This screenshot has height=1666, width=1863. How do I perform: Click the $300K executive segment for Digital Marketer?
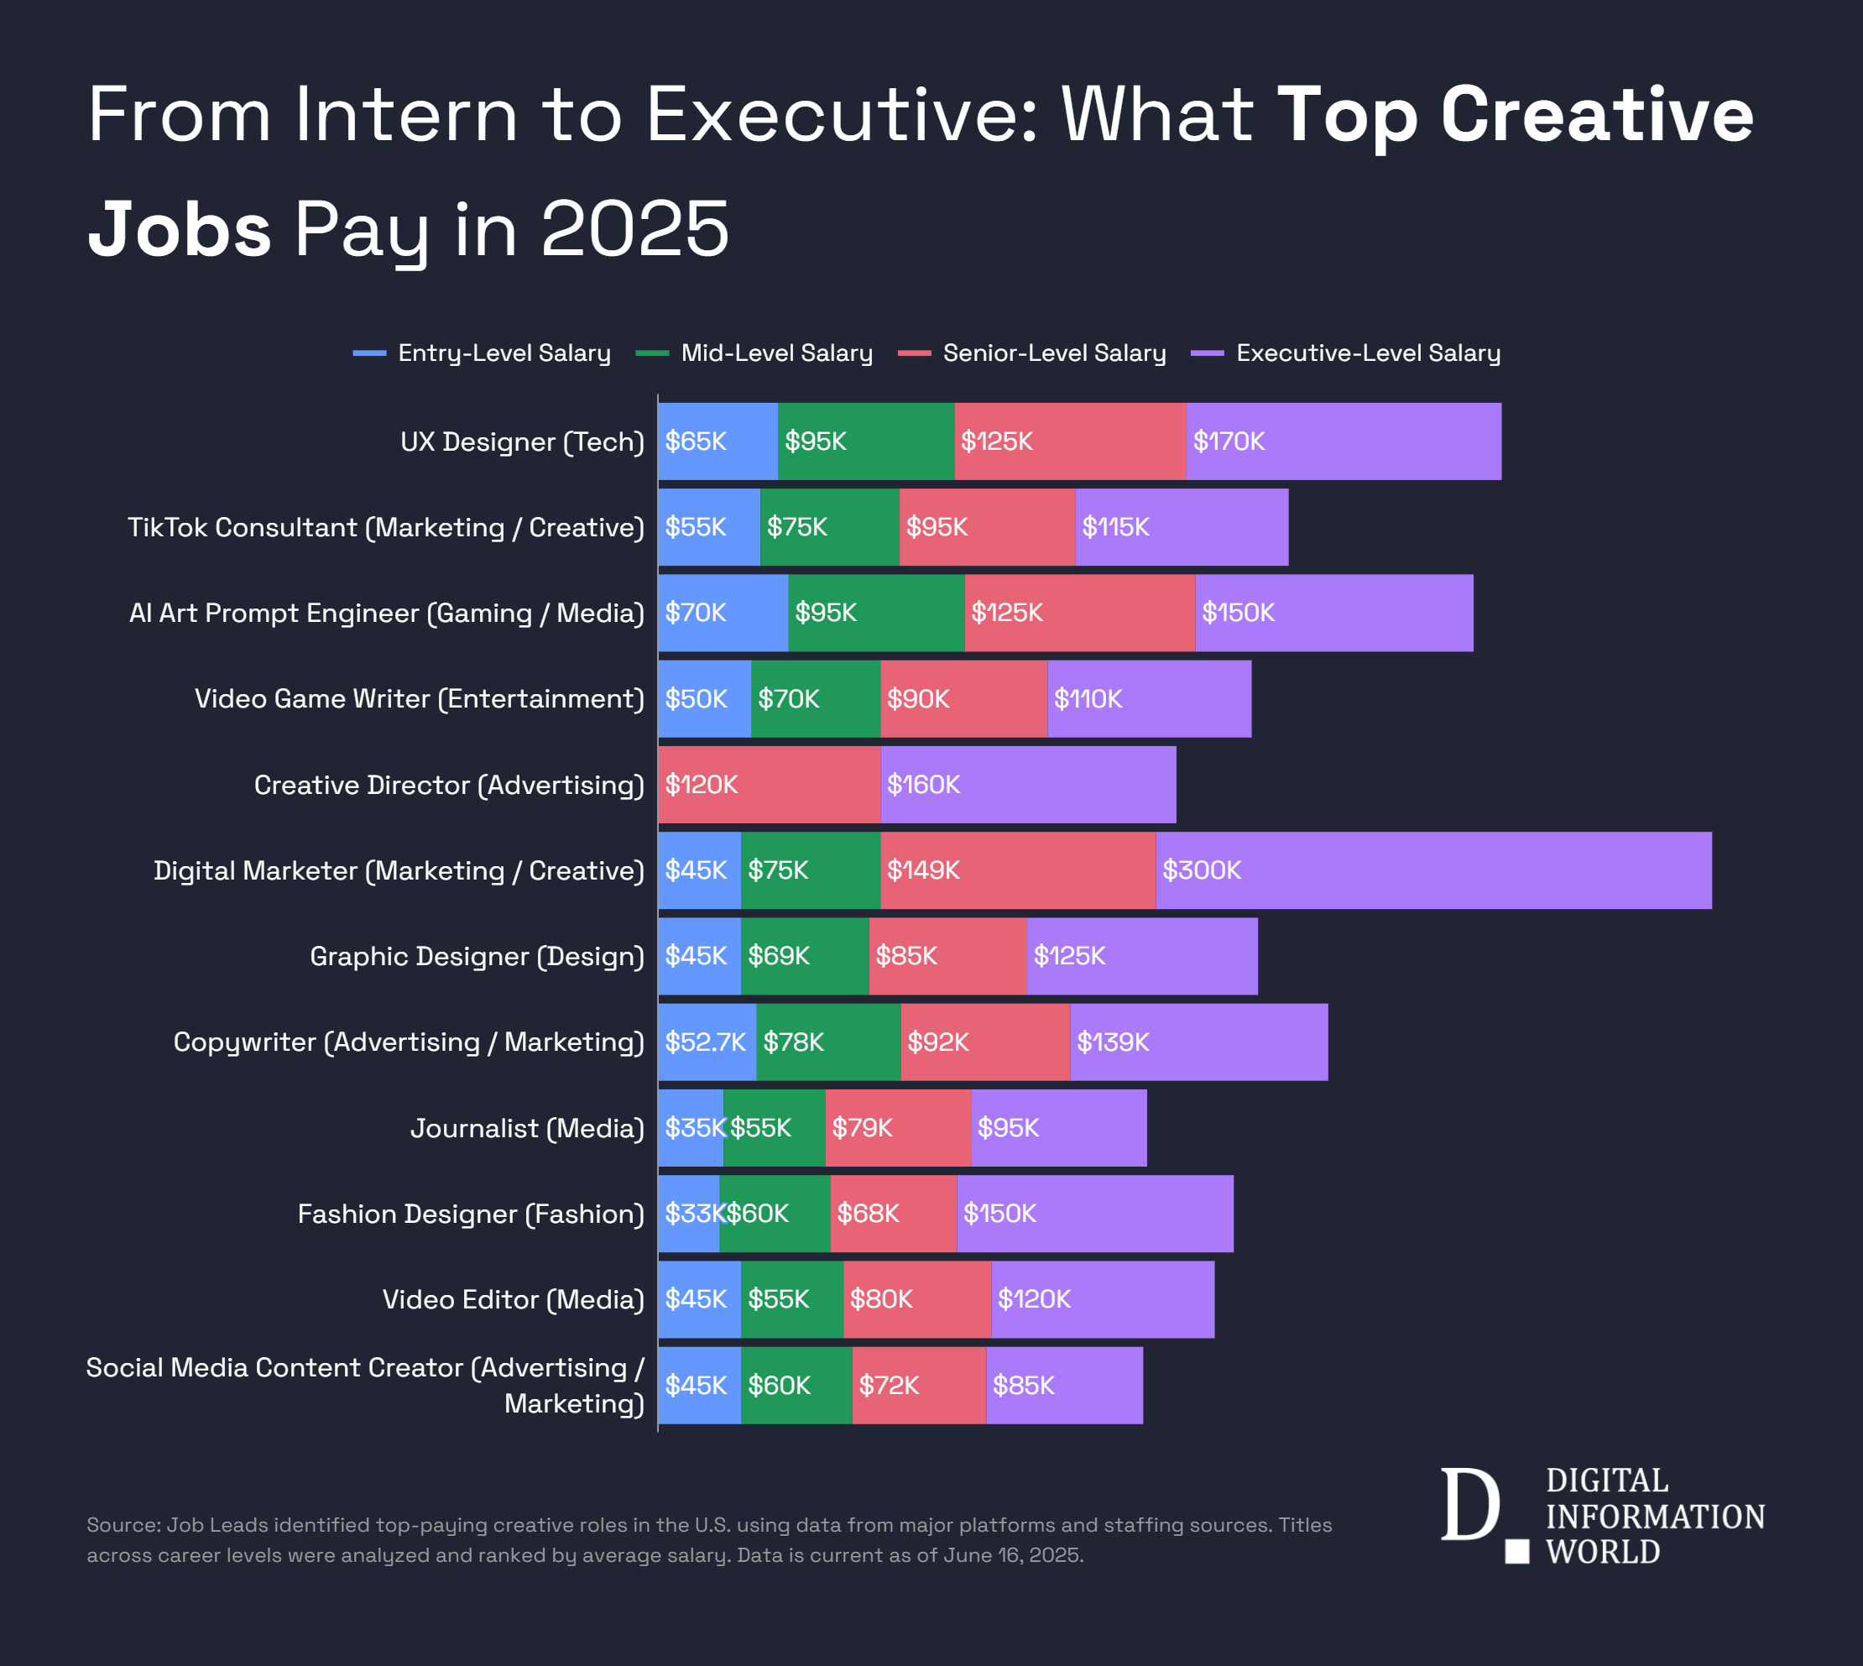(1433, 870)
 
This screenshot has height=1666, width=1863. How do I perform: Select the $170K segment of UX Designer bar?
(1344, 441)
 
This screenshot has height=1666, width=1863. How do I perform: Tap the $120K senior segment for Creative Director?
(769, 785)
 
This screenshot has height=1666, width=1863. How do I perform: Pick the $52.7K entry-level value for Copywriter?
(707, 1042)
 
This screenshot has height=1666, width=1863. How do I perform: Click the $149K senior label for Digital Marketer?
(923, 870)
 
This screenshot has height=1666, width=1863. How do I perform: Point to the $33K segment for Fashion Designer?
(688, 1214)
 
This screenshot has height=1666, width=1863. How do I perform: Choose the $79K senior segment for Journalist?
(898, 1128)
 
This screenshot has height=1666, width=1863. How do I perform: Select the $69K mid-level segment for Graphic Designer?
(804, 957)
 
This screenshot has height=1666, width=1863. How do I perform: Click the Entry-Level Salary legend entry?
(483, 353)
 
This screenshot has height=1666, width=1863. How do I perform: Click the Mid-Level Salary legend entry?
(755, 353)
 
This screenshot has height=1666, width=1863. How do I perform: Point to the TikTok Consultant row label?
(385, 527)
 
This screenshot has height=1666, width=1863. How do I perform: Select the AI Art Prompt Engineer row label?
(386, 614)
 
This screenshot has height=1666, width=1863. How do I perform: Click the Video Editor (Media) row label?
(513, 1300)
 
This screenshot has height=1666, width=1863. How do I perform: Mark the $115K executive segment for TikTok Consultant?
(1182, 527)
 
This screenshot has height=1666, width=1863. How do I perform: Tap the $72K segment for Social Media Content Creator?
(919, 1385)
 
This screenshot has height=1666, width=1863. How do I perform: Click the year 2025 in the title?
(634, 230)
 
